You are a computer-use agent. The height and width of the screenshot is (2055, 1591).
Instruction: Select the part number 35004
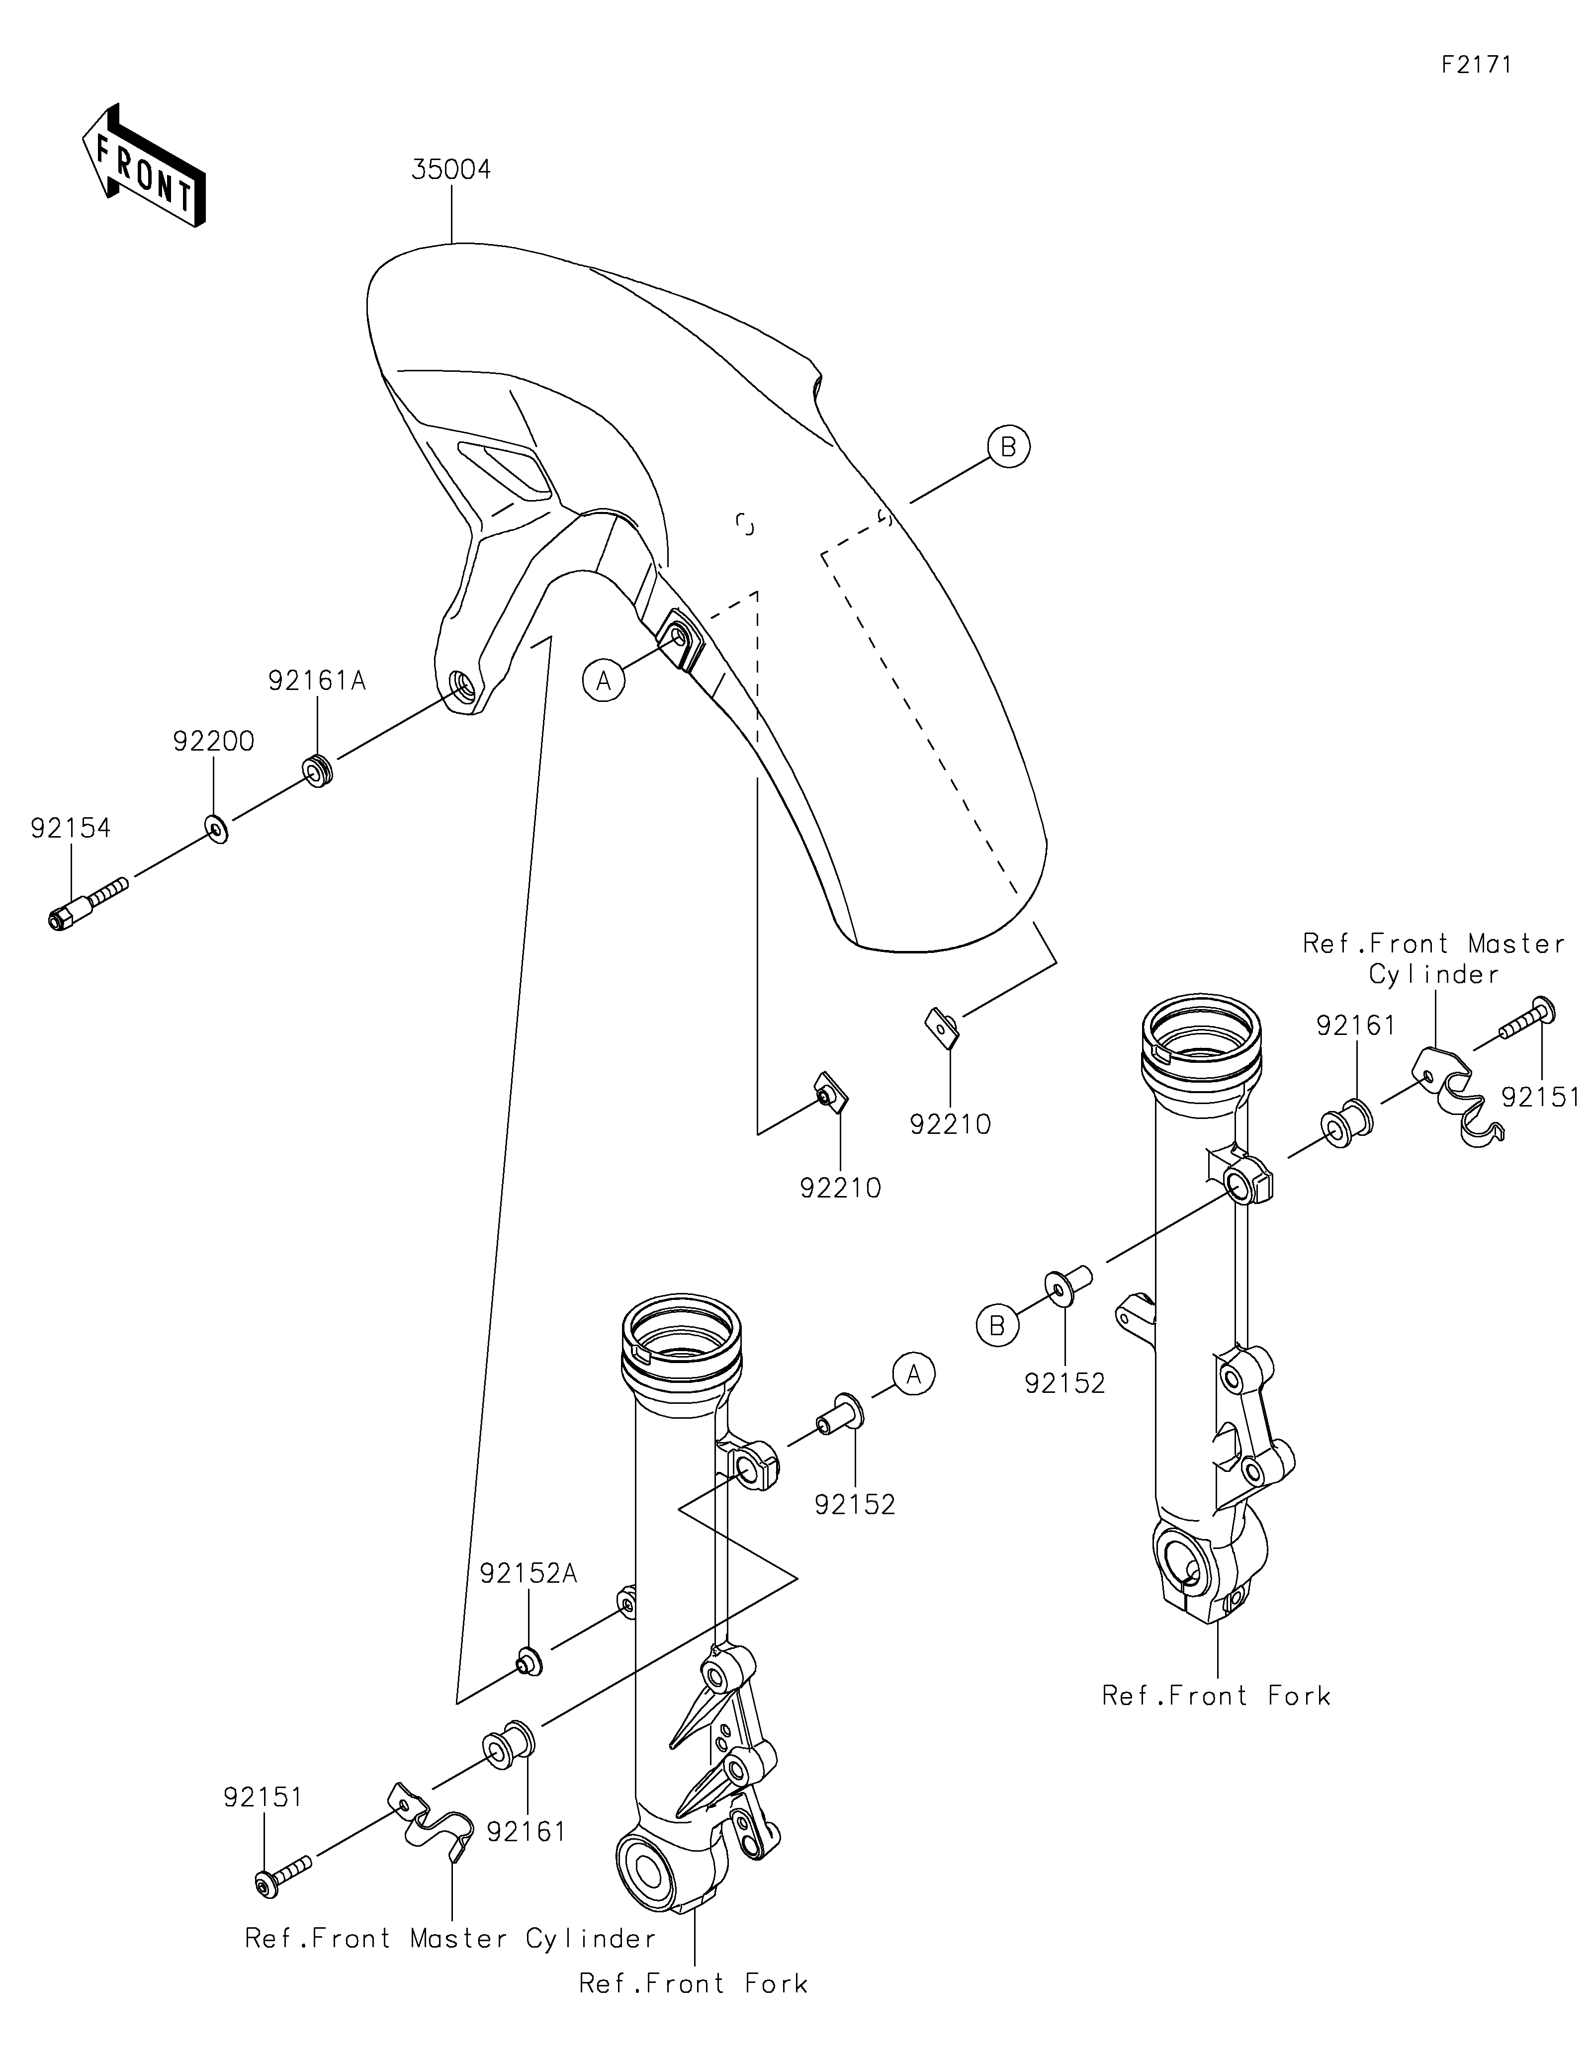(451, 171)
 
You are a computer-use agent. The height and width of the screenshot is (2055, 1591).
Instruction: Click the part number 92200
(214, 742)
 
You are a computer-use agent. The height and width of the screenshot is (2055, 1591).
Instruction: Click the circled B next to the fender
(1009, 447)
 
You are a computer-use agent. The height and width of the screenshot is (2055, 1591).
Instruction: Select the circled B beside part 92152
(997, 1325)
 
